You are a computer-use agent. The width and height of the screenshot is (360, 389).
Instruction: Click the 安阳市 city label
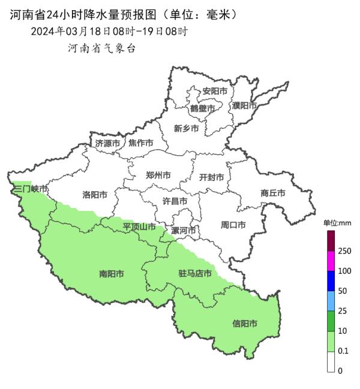pos(215,91)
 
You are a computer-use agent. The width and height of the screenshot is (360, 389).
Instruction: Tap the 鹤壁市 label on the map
pos(202,108)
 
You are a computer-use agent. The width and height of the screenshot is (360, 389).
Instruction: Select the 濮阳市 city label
pos(244,106)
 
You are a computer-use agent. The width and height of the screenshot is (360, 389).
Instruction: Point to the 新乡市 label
pos(186,128)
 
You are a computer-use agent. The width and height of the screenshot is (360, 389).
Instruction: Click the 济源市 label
pos(108,143)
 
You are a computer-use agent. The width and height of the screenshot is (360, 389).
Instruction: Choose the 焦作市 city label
pos(141,143)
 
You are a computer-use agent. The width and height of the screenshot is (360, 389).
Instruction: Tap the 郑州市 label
pos(158,176)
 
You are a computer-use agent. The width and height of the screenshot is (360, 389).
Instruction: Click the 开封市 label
pos(211,177)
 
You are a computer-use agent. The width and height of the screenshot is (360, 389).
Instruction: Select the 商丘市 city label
pos(273,193)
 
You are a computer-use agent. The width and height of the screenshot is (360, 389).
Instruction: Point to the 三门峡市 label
pos(31,189)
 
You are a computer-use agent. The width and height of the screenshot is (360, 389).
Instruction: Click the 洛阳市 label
pos(95,195)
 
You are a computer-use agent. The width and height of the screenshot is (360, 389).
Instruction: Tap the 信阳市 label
pos(245,324)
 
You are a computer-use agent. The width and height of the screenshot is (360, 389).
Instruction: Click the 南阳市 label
pos(112,274)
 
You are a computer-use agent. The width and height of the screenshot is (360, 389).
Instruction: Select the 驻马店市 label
pos(195,274)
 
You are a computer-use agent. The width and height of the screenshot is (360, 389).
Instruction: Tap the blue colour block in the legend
pos(331,281)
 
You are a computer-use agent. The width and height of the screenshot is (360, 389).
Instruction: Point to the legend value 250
pos(344,251)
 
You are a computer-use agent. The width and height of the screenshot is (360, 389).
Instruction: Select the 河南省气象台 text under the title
pos(101,49)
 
